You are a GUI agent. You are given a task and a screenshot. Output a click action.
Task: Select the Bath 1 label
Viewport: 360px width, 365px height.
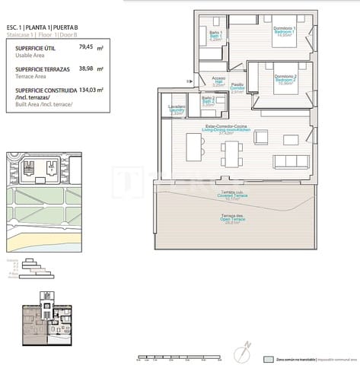[215, 36]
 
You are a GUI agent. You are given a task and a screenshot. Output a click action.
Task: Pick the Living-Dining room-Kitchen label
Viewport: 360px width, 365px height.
[222, 129]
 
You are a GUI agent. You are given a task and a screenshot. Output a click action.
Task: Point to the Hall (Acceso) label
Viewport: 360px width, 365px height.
[218, 81]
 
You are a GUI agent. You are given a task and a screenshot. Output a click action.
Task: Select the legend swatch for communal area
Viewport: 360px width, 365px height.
[268, 358]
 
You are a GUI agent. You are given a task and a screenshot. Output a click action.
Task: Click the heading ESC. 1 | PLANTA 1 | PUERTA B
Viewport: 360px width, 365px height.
[47, 28]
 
